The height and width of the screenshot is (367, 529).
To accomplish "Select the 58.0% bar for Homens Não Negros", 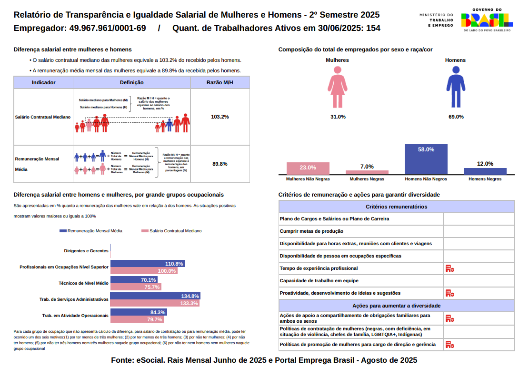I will [426, 159].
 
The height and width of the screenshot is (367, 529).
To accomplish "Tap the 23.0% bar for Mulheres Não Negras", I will [308, 169].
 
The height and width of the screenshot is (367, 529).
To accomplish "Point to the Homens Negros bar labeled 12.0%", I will [485, 171].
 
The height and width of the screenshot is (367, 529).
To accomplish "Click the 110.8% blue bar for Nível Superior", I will [148, 263].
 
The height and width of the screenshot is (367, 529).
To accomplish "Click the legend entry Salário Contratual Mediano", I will [172, 231].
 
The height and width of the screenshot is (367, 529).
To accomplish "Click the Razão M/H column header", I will [220, 82].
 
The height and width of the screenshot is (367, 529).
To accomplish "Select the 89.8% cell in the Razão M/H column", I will [220, 164].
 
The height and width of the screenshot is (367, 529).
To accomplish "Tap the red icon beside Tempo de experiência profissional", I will [449, 268].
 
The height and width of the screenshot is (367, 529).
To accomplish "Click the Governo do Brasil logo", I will [487, 20].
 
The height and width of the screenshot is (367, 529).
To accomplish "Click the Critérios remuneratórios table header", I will [396, 207].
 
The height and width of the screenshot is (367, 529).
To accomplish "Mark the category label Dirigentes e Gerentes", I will [86, 250].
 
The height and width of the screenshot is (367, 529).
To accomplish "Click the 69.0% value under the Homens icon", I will [456, 117].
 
